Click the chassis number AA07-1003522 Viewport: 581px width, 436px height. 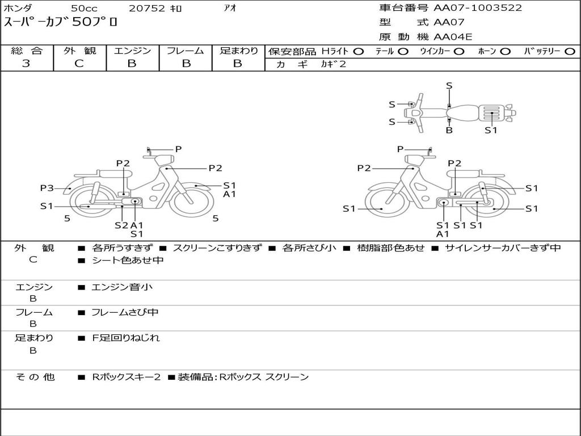[x=478, y=8]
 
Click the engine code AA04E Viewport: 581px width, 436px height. [x=453, y=37]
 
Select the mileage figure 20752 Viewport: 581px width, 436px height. [x=147, y=8]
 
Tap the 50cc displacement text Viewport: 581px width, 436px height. [x=84, y=8]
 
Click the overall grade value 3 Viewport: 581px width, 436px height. [x=26, y=64]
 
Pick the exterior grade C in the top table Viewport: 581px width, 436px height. [x=79, y=64]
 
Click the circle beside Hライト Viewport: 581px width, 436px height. [x=359, y=52]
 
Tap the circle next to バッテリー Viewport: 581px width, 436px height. [x=570, y=52]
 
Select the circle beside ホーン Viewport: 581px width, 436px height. [x=505, y=52]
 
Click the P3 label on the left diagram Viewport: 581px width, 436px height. [x=47, y=188]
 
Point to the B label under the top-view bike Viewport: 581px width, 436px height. [x=449, y=130]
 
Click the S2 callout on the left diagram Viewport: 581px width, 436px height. [x=121, y=225]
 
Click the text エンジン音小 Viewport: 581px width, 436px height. [x=122, y=287]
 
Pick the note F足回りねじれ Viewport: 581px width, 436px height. [x=126, y=338]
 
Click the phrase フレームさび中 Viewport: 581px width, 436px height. [x=125, y=313]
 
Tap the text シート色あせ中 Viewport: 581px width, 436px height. [x=128, y=260]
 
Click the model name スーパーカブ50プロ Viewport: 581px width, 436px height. [x=60, y=22]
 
